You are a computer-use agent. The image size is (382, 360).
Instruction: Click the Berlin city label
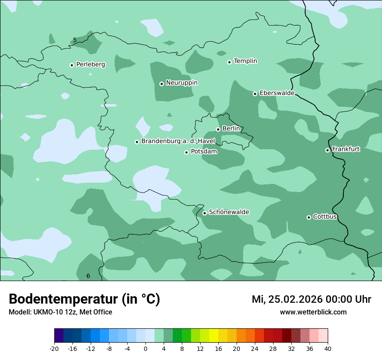231,129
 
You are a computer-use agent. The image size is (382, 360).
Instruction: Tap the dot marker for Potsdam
186,152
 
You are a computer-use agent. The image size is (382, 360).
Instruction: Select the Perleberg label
90,65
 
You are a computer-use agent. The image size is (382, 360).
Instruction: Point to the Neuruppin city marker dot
161,84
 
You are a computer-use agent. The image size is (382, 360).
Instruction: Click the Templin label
245,61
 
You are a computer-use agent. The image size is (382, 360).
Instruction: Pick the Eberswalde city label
277,93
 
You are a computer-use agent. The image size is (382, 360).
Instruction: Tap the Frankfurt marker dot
327,150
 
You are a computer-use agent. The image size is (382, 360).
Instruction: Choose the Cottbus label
325,217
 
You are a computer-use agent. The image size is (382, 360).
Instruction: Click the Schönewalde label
229,213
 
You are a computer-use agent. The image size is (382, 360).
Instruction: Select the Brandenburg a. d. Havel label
178,141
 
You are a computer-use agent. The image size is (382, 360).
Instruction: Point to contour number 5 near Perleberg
75,40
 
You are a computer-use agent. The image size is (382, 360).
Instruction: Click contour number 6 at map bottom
88,276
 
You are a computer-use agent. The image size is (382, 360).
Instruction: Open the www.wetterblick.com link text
313,312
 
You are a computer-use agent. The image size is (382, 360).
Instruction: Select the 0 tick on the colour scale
145,348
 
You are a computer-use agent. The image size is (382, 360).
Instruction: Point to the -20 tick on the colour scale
54,348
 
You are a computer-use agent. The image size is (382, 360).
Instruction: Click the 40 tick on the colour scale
328,348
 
